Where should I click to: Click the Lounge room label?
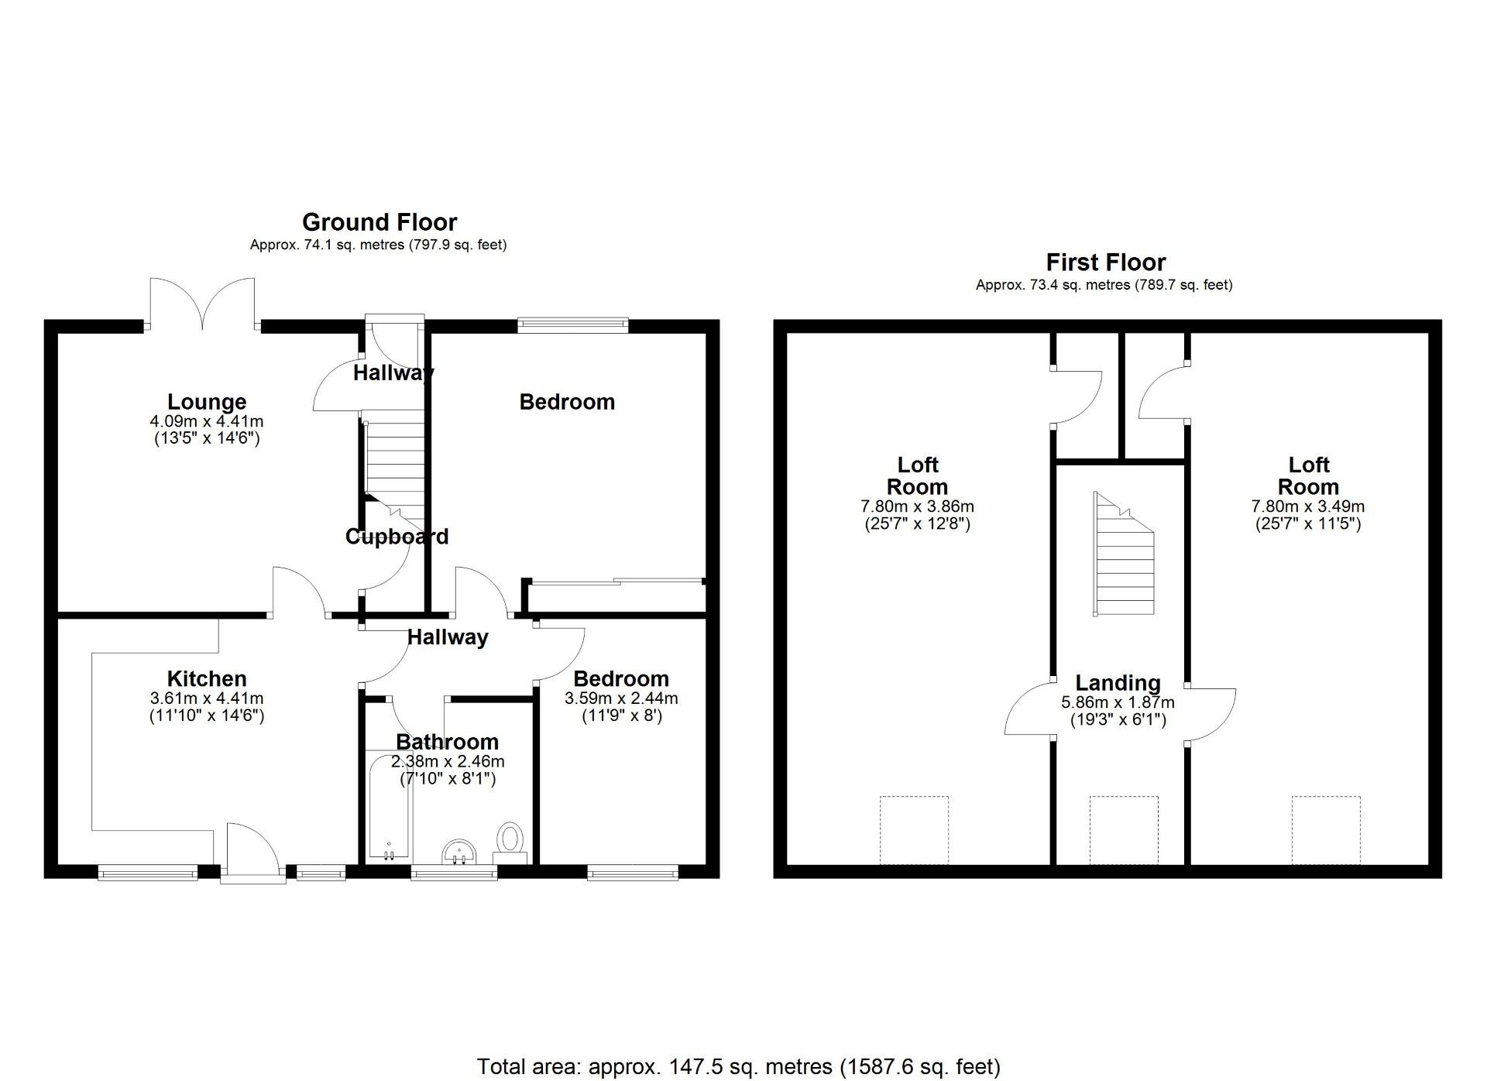(207, 402)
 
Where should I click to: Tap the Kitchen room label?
(207, 679)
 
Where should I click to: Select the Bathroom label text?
(447, 742)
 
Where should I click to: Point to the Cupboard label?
(397, 537)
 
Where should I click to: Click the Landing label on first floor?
(1118, 683)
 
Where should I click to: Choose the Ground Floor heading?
(379, 222)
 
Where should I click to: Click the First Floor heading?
(1106, 263)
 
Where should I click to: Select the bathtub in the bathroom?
(390, 805)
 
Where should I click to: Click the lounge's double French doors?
(203, 302)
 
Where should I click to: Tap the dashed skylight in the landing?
(1124, 830)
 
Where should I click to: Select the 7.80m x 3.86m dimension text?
(918, 507)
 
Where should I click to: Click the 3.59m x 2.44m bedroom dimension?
(621, 698)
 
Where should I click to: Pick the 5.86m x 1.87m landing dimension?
(1118, 703)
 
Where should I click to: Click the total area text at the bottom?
(739, 1067)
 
